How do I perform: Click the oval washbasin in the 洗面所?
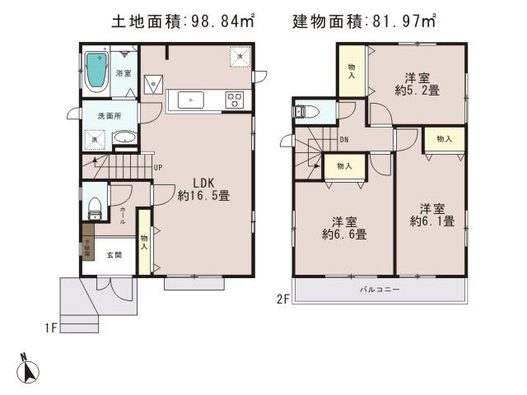coord(124,138)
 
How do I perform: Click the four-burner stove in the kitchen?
coord(233,100)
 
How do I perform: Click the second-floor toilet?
coord(308,111)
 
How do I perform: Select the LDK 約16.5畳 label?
coord(203,189)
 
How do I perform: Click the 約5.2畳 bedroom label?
coord(415,83)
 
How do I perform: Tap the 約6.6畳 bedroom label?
coord(344,228)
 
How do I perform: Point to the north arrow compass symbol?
coord(30,369)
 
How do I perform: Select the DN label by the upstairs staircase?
coord(343,140)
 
